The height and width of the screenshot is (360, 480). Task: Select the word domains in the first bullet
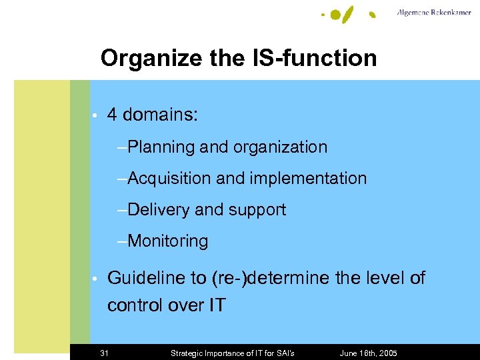click(160, 115)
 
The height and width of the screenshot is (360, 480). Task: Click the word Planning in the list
click(161, 147)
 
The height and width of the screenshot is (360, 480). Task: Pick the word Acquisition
click(169, 178)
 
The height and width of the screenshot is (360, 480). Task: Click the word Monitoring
click(168, 241)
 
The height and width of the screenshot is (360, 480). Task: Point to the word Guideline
click(147, 277)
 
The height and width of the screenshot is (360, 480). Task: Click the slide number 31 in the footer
click(104, 353)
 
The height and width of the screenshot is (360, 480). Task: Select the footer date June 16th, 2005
click(369, 353)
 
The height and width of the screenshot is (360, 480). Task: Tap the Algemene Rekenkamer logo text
click(433, 13)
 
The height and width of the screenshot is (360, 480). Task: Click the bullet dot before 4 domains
click(96, 116)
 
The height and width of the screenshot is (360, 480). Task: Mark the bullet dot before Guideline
click(96, 279)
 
